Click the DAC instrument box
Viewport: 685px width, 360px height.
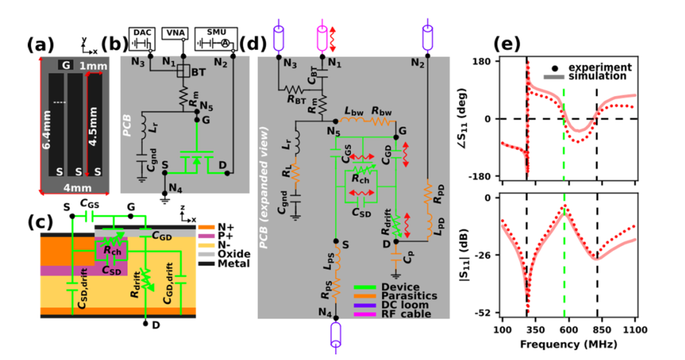tap(142, 38)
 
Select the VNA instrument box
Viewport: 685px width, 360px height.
tap(175, 33)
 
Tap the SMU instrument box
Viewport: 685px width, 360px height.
tap(216, 38)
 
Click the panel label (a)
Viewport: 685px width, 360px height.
tap(40, 45)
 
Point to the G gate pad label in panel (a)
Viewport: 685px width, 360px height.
tap(66, 65)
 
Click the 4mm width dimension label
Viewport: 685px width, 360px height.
tap(78, 188)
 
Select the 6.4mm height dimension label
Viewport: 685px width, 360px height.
tap(46, 129)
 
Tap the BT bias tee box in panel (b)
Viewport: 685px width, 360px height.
tap(184, 71)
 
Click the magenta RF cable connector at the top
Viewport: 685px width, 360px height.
tap(322, 35)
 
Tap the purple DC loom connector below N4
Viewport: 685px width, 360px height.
tap(335, 333)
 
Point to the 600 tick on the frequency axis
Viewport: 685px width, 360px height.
tap(568, 330)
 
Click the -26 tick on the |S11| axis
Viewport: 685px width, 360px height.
tap(487, 255)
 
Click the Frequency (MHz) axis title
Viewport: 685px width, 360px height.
tap(568, 344)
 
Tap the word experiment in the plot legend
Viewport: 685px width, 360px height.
tap(600, 67)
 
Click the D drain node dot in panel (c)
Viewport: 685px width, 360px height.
tap(146, 323)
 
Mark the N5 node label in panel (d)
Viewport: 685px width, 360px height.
tap(333, 131)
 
